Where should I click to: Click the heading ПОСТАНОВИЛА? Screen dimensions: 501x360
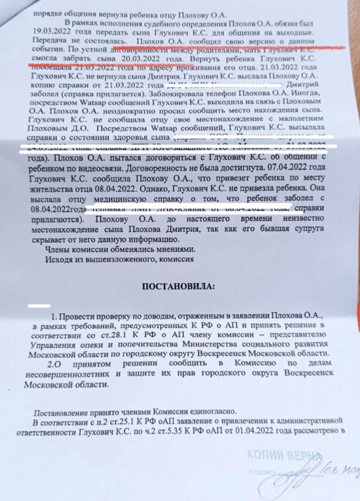(178, 286)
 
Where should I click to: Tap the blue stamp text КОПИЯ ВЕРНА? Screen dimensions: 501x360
(284, 455)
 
